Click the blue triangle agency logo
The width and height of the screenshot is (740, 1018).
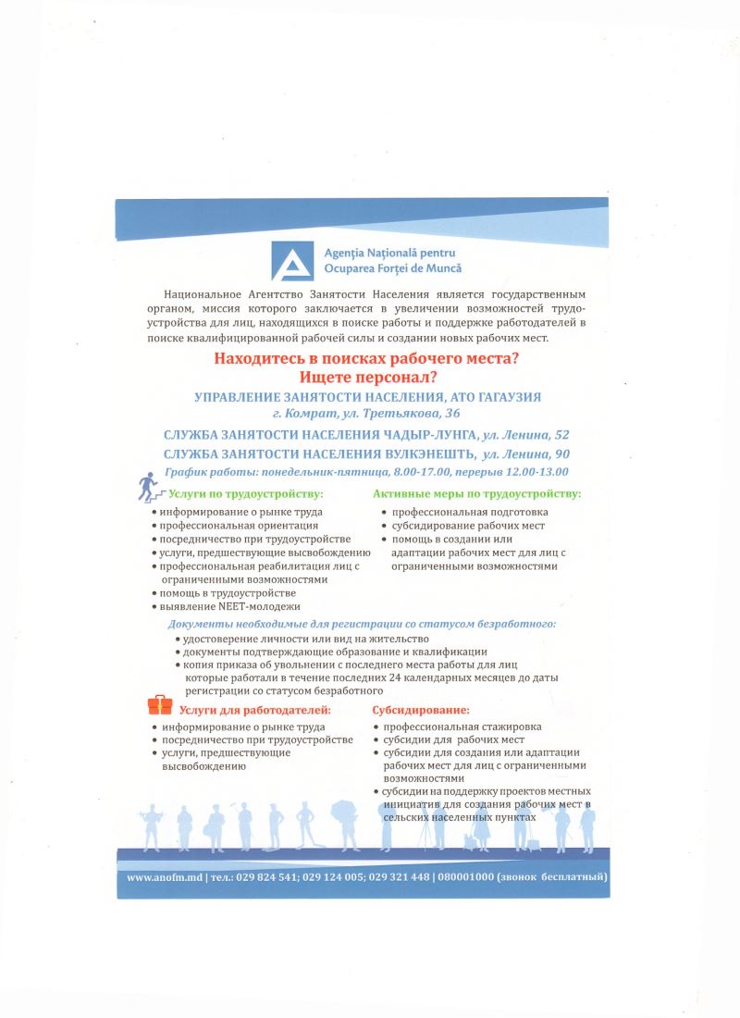291,260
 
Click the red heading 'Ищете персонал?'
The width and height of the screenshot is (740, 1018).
369,378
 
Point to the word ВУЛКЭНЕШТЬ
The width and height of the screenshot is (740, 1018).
430,453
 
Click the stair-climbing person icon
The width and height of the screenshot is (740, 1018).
147,485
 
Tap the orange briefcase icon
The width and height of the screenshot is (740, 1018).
160,705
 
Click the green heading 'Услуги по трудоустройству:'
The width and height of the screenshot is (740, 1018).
245,493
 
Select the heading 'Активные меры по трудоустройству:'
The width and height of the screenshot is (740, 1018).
475,493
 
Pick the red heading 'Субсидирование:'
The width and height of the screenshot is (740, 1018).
421,711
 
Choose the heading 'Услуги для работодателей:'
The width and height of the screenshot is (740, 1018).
254,711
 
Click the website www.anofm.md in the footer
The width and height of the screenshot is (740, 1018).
166,876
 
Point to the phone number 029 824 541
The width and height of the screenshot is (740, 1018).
267,876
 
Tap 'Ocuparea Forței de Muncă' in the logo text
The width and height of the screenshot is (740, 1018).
392,268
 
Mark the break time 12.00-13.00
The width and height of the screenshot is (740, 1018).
536,472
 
